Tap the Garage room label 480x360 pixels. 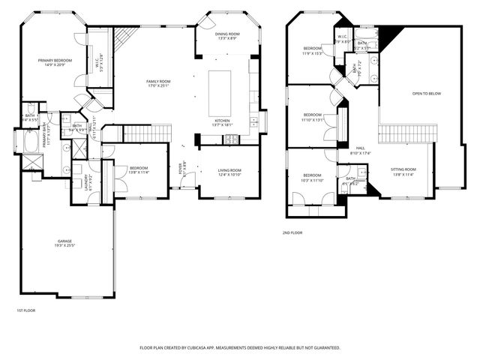pos(64,241)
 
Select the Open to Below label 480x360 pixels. pos(426,94)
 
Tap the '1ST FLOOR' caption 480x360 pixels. pos(25,310)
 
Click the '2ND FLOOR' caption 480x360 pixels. pos(292,233)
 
